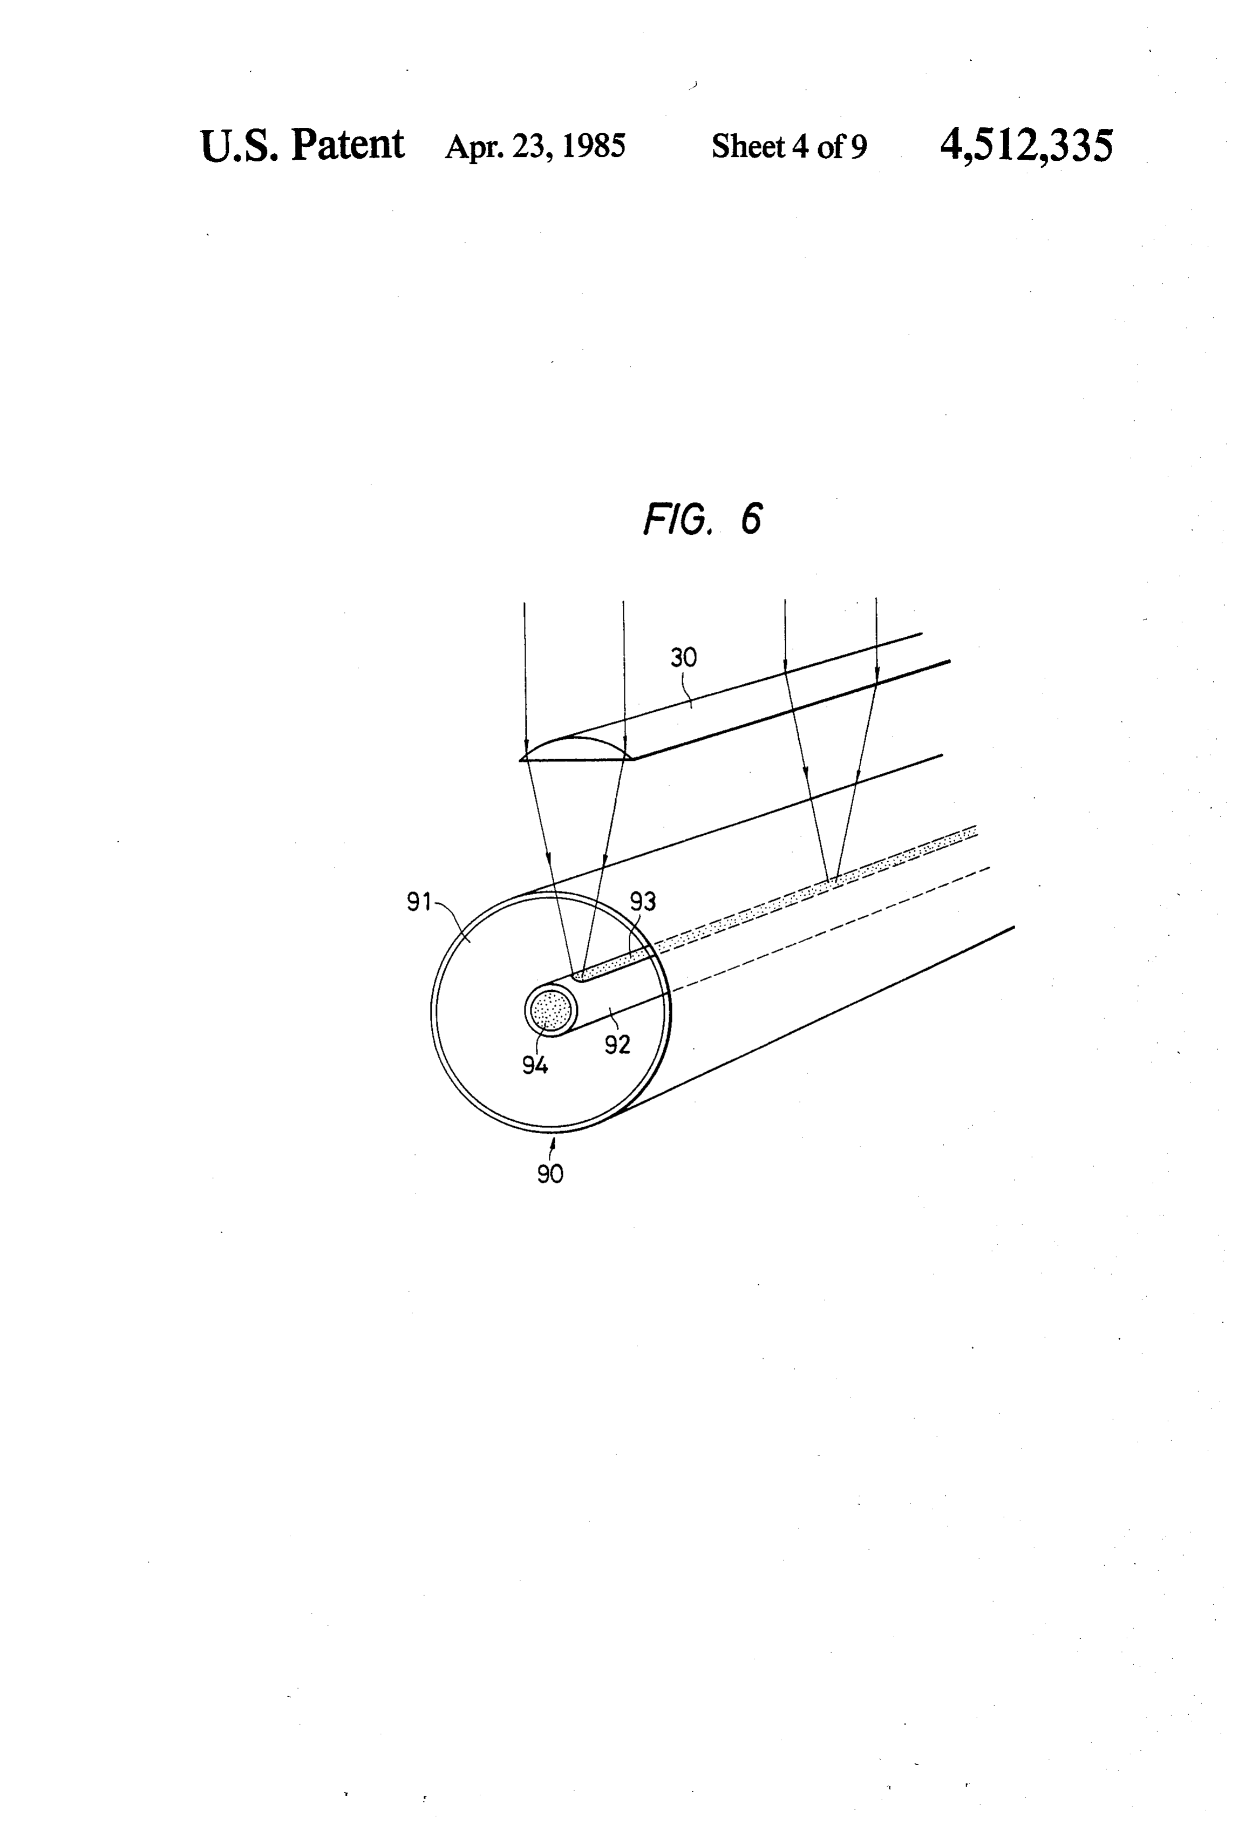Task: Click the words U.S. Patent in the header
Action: coord(302,145)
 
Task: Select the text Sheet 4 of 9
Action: coord(789,146)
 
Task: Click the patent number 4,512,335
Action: coord(1026,146)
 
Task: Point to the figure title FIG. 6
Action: coord(702,519)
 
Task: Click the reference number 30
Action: coord(684,658)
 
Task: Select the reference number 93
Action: coord(643,901)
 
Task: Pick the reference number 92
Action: coord(617,1045)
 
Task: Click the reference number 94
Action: coord(535,1066)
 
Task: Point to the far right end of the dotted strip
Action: coord(976,830)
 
